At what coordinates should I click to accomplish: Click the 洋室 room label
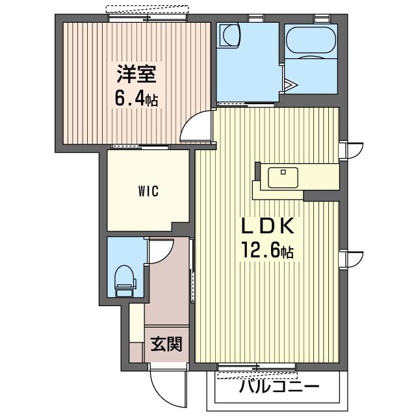tap(136, 73)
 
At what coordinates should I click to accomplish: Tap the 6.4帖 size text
tap(136, 98)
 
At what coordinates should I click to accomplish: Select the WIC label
tap(148, 191)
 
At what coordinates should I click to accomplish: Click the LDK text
tap(267, 226)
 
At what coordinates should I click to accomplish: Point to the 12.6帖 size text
tap(267, 250)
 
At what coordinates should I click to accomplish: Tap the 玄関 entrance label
tap(166, 344)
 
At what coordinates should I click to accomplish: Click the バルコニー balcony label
tap(279, 387)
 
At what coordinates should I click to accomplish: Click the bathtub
tap(311, 40)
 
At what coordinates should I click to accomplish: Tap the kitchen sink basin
tap(283, 177)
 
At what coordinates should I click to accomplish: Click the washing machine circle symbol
tap(231, 34)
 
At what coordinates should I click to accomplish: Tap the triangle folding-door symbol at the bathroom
tap(291, 85)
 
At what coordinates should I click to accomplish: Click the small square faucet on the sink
tap(283, 172)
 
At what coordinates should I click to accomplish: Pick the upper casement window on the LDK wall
tap(351, 151)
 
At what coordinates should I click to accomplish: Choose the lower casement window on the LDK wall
tap(351, 260)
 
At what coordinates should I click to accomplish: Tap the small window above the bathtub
tap(322, 18)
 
